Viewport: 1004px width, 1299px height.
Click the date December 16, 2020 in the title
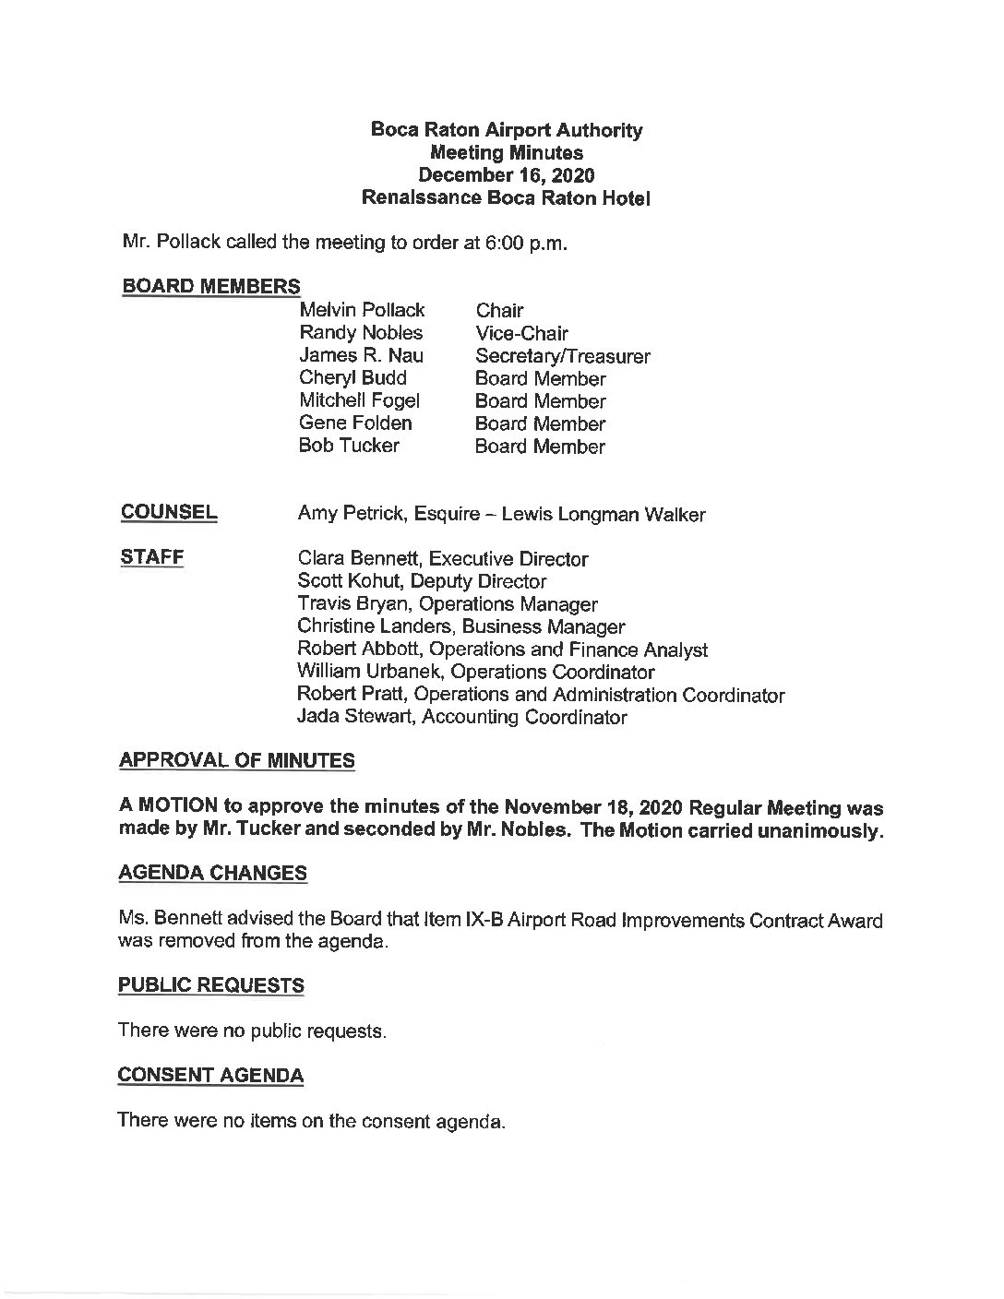coord(506,175)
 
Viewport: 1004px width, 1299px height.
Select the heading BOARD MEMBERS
coord(210,286)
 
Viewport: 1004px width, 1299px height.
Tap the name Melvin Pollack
coord(362,310)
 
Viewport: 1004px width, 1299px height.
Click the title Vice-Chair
coord(521,333)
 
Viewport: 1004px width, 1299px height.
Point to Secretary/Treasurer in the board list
coord(562,356)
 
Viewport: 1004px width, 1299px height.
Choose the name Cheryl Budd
coord(353,378)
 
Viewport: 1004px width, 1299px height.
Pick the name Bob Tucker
coord(349,446)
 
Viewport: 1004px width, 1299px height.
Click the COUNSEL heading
coord(169,513)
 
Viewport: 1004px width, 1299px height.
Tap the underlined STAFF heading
coord(152,558)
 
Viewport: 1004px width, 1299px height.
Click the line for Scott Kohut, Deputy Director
coord(422,581)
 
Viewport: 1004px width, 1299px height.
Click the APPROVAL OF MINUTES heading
coord(236,761)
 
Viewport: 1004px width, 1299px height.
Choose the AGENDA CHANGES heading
coord(213,873)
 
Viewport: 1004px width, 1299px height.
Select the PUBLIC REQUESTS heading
coord(211,985)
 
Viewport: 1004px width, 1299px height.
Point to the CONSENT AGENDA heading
coord(210,1075)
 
